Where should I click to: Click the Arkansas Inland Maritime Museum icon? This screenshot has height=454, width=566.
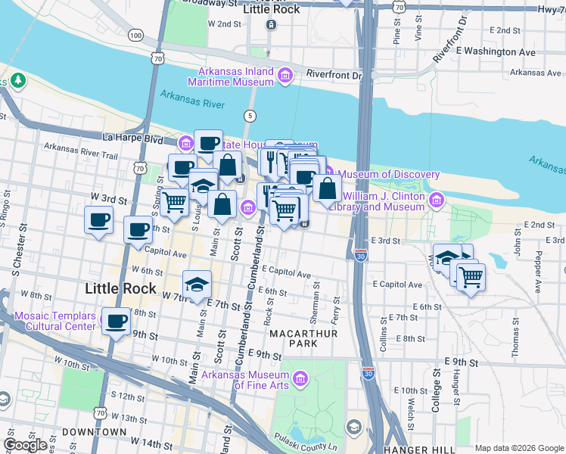tap(285, 75)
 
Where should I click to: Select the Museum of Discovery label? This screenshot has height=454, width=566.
tap(389, 175)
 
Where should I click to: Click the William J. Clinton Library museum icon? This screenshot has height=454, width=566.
tap(436, 201)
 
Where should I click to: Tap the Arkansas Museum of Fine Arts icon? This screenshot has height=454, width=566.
tap(300, 378)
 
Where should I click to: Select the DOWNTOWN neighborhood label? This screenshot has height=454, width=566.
tap(95, 431)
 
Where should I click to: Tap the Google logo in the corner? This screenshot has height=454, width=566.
tap(25, 445)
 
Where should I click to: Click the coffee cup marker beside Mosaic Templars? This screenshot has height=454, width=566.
tap(116, 322)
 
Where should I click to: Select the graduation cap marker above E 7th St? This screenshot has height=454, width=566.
tap(197, 285)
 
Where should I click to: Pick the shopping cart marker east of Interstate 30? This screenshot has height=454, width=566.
tap(470, 278)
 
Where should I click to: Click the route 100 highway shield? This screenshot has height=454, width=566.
tap(135, 36)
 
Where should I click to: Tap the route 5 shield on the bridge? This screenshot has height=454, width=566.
tap(249, 115)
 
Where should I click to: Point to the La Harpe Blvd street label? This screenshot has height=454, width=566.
tap(132, 138)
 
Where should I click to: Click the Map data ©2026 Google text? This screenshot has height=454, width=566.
tap(518, 448)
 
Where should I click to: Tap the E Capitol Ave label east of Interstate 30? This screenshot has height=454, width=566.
tap(397, 285)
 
